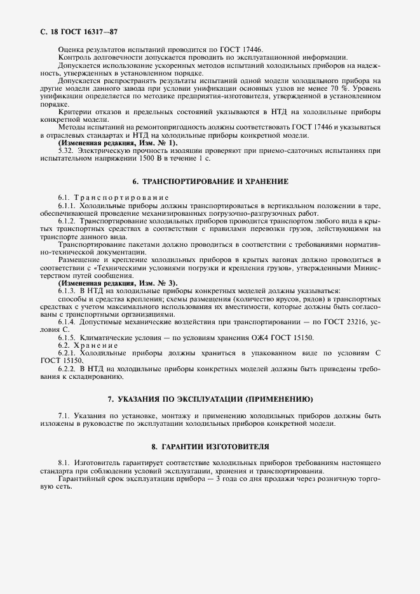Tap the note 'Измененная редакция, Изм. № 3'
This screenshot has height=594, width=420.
point(118,282)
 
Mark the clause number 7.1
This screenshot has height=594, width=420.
point(64,416)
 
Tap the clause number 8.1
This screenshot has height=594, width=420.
point(64,463)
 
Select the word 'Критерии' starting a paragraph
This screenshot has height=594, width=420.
point(75,112)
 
